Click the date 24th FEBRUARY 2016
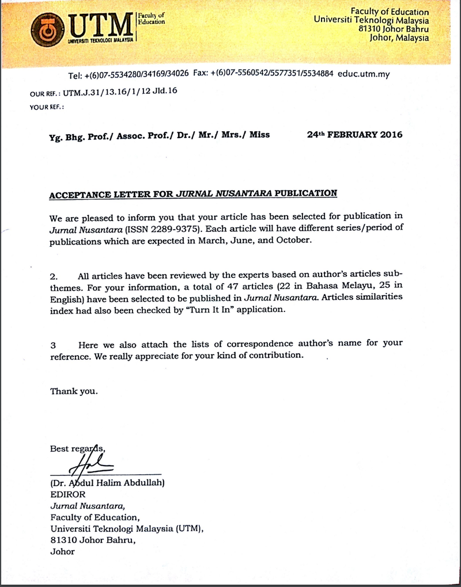pyautogui.click(x=354, y=135)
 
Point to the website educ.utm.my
pyautogui.click(x=364, y=75)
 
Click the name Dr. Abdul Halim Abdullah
pyautogui.click(x=108, y=483)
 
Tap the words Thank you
pyautogui.click(x=74, y=391)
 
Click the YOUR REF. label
pyautogui.click(x=46, y=106)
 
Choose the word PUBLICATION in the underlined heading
pyautogui.click(x=305, y=193)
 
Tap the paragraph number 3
pyautogui.click(x=53, y=345)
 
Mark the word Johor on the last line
pyautogui.click(x=62, y=551)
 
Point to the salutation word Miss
pyautogui.click(x=259, y=135)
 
